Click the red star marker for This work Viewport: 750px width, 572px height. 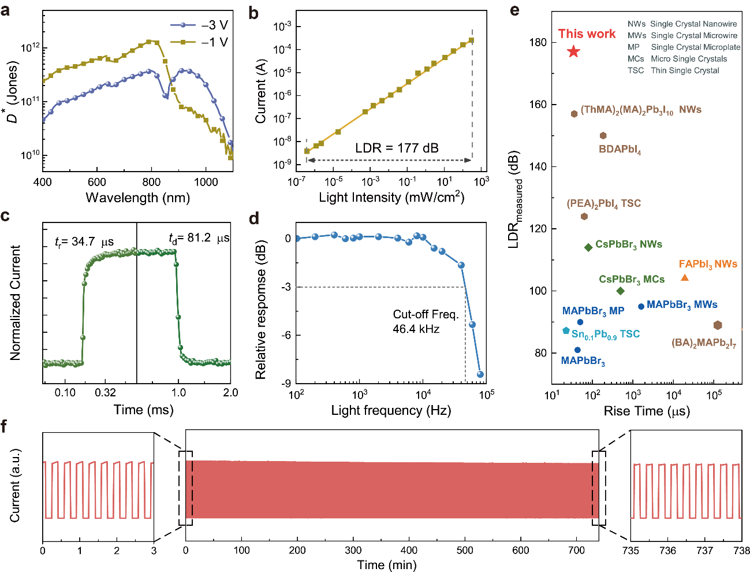point(573,52)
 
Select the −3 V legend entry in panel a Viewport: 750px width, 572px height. point(199,25)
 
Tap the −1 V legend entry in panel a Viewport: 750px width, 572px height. point(199,42)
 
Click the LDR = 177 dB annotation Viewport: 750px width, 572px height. point(397,148)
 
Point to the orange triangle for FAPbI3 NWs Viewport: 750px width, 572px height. point(685,278)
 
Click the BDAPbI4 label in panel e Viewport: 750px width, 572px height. point(620,149)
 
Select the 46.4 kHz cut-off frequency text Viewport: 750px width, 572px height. point(416,329)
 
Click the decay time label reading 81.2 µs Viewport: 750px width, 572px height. point(199,238)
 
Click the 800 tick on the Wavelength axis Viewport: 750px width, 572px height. point(152,182)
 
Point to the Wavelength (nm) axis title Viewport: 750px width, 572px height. point(137,198)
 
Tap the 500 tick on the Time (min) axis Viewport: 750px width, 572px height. point(465,551)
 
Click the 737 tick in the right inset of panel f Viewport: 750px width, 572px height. point(704,551)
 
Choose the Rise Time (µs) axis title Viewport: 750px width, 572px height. point(647,411)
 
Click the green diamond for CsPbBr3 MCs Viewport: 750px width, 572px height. point(621,291)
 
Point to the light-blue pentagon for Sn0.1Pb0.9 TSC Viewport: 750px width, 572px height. point(566,330)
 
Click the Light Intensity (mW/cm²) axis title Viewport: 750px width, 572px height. point(391,198)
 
